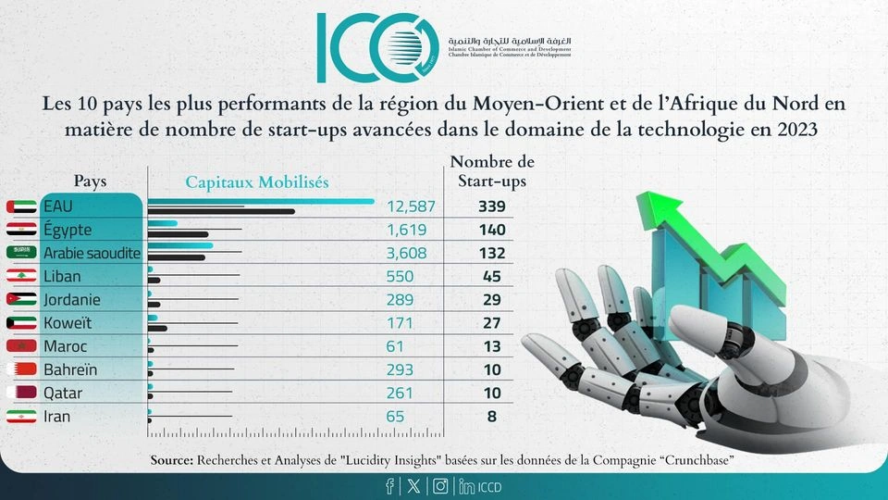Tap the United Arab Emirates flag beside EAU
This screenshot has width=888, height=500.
20,206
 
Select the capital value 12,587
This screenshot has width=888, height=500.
410,206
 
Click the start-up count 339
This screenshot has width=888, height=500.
491,206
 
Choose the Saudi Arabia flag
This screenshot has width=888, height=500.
20,253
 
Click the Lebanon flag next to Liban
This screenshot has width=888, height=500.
20,276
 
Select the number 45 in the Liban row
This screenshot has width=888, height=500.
491,276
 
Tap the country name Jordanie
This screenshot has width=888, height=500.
72,300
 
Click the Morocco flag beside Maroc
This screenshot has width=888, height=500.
20,346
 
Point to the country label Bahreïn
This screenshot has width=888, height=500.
70,369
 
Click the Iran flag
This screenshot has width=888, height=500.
20,417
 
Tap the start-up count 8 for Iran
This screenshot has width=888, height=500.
491,417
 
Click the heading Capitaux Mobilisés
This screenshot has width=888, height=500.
256,182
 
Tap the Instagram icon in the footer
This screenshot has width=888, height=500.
441,485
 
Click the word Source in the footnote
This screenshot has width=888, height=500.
170,460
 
